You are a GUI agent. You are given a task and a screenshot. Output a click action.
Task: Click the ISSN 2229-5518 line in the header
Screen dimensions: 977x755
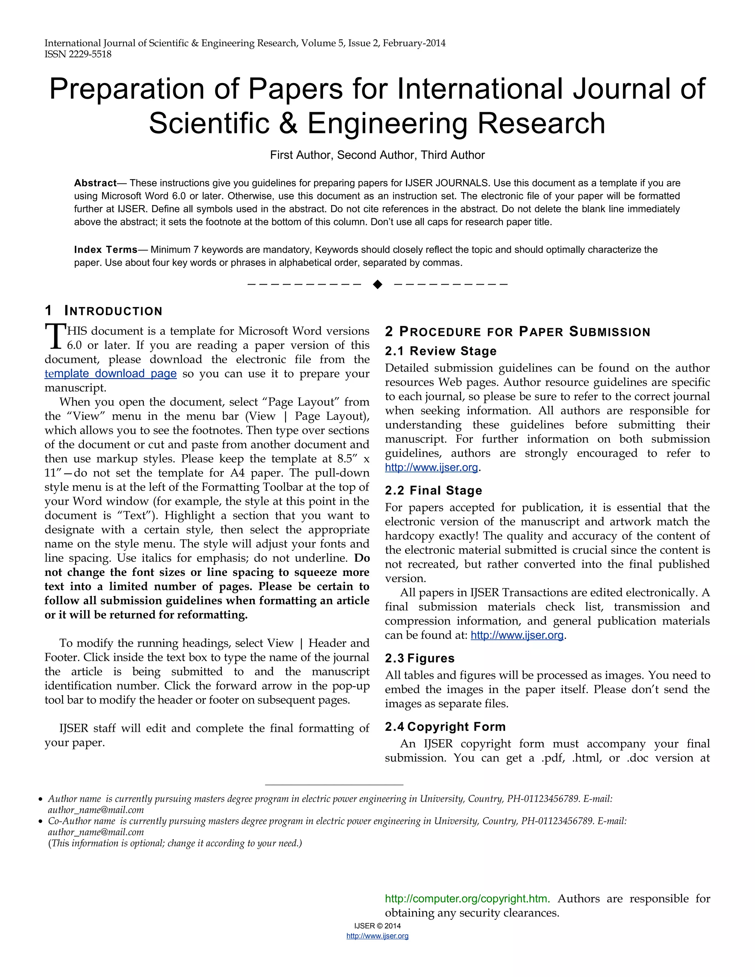[x=78, y=54]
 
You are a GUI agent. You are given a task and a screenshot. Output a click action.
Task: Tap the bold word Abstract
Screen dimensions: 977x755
[x=95, y=183]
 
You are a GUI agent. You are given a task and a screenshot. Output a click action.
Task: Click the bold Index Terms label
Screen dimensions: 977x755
[x=105, y=250]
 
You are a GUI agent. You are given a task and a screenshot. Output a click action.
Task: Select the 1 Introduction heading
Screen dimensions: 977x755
[x=103, y=310]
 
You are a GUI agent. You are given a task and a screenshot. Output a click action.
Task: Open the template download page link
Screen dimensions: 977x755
[x=111, y=373]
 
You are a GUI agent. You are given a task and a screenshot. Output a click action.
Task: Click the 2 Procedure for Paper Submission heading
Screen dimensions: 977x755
[x=517, y=332]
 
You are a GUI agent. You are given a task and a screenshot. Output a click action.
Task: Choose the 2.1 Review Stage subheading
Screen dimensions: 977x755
[x=441, y=351]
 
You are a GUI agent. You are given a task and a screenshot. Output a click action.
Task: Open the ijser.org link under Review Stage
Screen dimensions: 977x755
[x=431, y=468]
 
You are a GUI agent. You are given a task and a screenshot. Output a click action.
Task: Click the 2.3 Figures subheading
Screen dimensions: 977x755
[x=420, y=658]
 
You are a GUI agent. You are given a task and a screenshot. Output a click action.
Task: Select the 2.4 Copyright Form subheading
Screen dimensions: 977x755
[x=445, y=727]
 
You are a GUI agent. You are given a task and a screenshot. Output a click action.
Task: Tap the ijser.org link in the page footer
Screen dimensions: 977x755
[x=377, y=936]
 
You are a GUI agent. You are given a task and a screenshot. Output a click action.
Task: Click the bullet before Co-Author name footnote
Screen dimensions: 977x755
[x=40, y=822]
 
